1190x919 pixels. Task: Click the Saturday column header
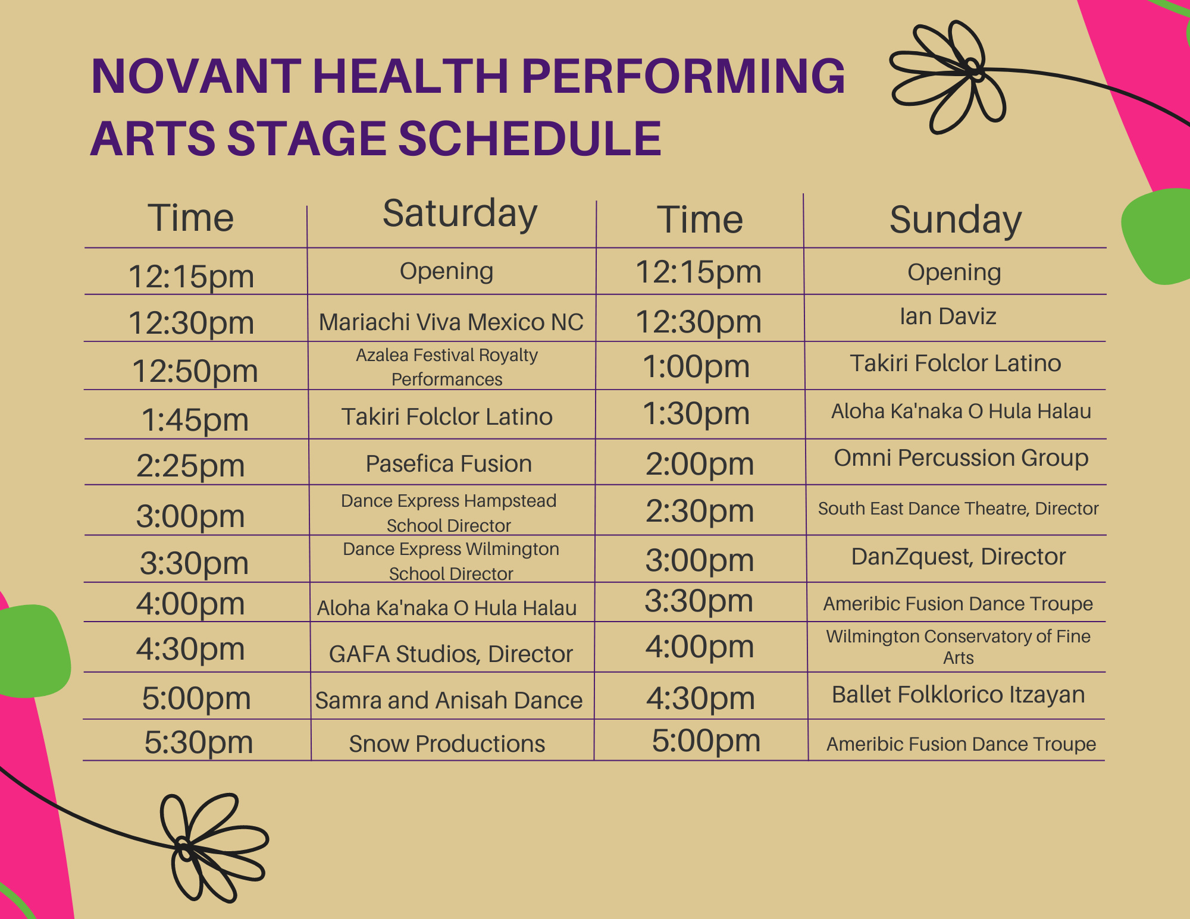(x=460, y=214)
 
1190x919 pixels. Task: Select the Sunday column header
(x=956, y=220)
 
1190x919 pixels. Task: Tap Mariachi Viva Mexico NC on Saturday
(x=451, y=322)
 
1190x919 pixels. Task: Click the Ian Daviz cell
(x=948, y=316)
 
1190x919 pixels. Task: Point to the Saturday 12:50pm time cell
(x=195, y=371)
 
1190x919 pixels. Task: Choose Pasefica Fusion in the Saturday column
(x=449, y=464)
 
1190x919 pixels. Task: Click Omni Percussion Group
(x=961, y=458)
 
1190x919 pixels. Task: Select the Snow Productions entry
(x=447, y=744)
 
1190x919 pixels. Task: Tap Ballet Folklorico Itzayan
(x=958, y=695)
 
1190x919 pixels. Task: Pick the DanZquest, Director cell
(x=958, y=557)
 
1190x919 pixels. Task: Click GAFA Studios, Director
(x=450, y=654)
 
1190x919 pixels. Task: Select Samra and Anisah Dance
(x=449, y=701)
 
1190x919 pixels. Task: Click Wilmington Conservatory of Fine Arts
(x=958, y=647)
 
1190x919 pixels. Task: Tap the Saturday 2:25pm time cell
(x=190, y=466)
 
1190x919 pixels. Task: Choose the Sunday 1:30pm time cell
(x=696, y=413)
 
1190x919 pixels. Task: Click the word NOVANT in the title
(x=196, y=76)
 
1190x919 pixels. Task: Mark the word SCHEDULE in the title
(x=530, y=139)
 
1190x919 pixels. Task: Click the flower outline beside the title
(x=948, y=77)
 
